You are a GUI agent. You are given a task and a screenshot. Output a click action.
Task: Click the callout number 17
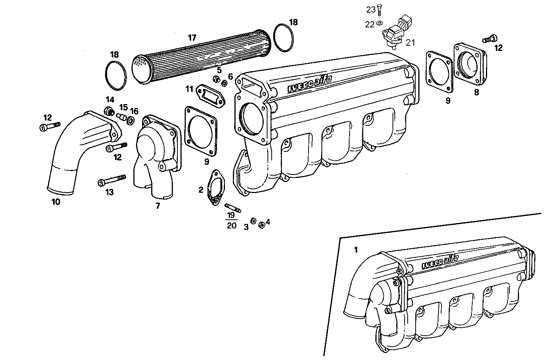pyautogui.click(x=192, y=37)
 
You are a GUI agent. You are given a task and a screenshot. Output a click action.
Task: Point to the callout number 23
pyautogui.click(x=371, y=10)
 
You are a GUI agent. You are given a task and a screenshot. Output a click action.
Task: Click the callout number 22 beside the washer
pyautogui.click(x=370, y=24)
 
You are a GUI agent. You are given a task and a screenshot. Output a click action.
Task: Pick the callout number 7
pyautogui.click(x=157, y=206)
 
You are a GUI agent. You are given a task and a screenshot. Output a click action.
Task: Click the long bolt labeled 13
pyautogui.click(x=112, y=181)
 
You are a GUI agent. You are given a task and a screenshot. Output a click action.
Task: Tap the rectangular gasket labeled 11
pyautogui.click(x=210, y=95)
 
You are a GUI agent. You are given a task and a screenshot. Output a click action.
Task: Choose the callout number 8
pyautogui.click(x=476, y=92)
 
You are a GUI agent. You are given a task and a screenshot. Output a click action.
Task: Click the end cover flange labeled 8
pyautogui.click(x=470, y=64)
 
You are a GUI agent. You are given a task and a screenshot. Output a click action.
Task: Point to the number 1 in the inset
pyautogui.click(x=356, y=250)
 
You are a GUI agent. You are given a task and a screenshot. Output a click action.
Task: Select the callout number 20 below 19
pyautogui.click(x=231, y=226)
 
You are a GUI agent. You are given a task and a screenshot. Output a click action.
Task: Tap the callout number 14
pyautogui.click(x=110, y=100)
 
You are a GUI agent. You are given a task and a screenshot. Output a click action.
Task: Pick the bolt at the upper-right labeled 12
pyautogui.click(x=490, y=38)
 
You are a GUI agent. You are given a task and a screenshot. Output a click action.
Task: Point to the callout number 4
pyautogui.click(x=268, y=222)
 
